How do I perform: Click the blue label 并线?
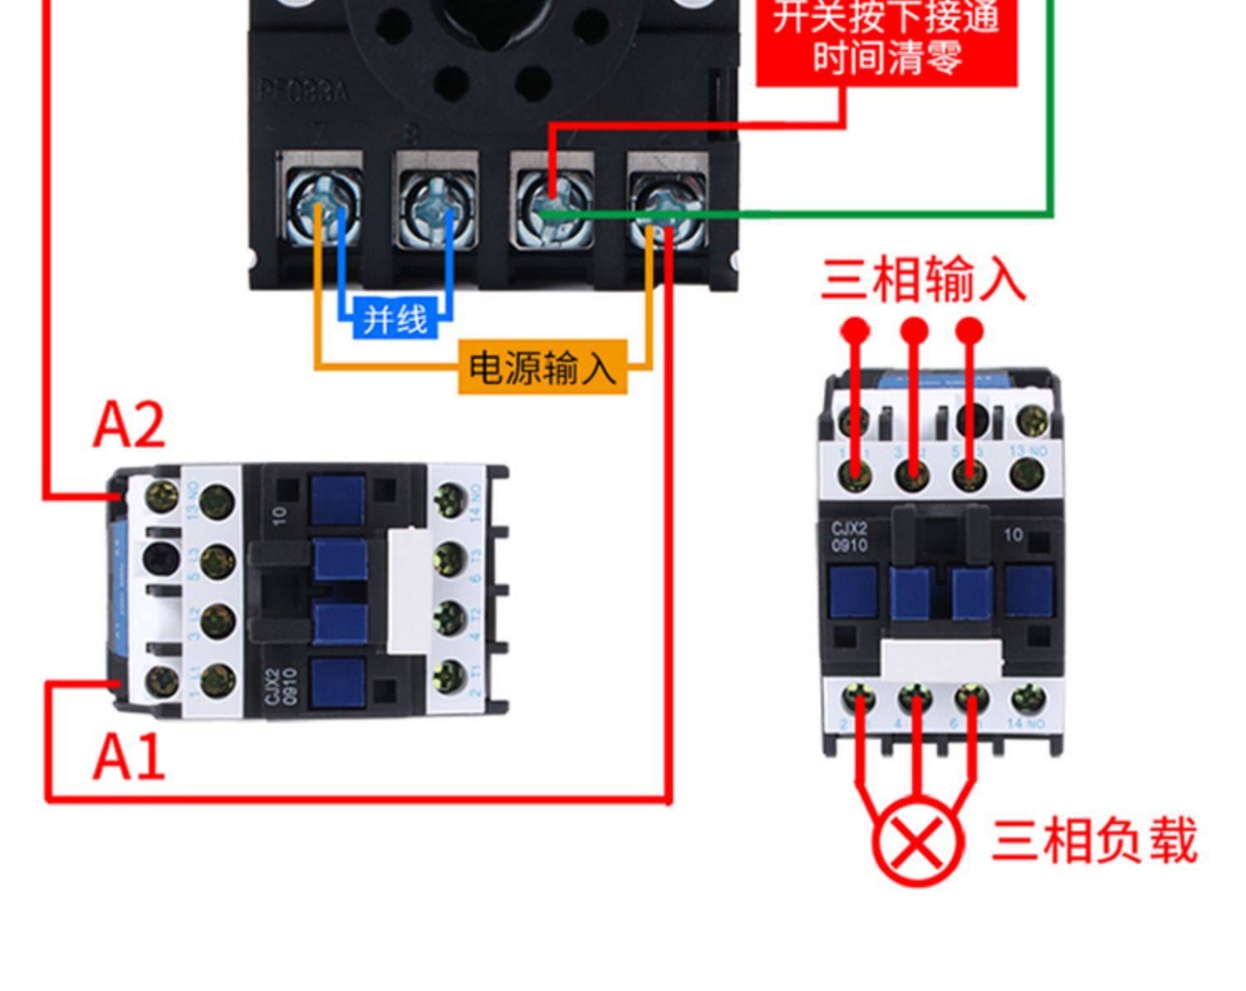pyautogui.click(x=395, y=319)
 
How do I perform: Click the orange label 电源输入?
pyautogui.click(x=542, y=366)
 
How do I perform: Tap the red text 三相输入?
pyautogui.click(x=923, y=279)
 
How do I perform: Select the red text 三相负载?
pyautogui.click(x=1094, y=841)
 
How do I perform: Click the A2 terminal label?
pyautogui.click(x=129, y=424)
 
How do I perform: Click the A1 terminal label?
pyautogui.click(x=129, y=757)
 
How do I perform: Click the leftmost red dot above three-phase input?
pyautogui.click(x=855, y=331)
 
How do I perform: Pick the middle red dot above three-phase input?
pyautogui.click(x=914, y=331)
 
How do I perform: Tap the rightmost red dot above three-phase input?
pyautogui.click(x=969, y=331)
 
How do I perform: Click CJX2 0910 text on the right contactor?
pyautogui.click(x=849, y=537)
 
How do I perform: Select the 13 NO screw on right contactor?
pyautogui.click(x=1029, y=475)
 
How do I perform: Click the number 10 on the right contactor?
pyautogui.click(x=1013, y=535)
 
